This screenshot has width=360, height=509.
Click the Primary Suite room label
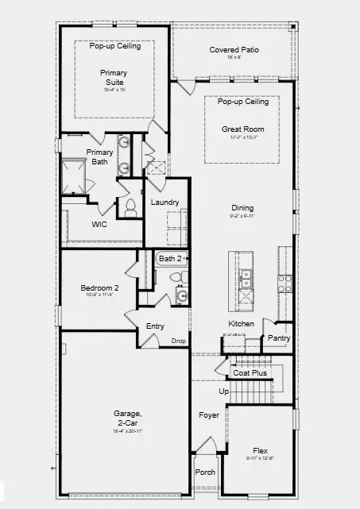click(x=114, y=78)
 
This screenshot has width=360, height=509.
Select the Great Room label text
click(x=243, y=129)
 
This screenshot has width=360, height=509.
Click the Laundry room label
click(x=165, y=202)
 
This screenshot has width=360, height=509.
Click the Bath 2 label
click(x=170, y=259)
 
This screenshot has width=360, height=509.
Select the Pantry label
click(x=279, y=338)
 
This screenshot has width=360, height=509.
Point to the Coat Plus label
click(x=250, y=372)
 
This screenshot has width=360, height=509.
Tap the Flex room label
click(x=260, y=449)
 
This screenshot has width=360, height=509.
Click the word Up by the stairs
click(x=223, y=391)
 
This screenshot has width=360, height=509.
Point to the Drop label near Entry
click(x=178, y=341)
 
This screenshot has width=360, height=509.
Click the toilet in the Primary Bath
click(x=130, y=207)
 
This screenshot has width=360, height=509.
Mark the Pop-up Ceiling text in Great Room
click(x=243, y=102)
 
